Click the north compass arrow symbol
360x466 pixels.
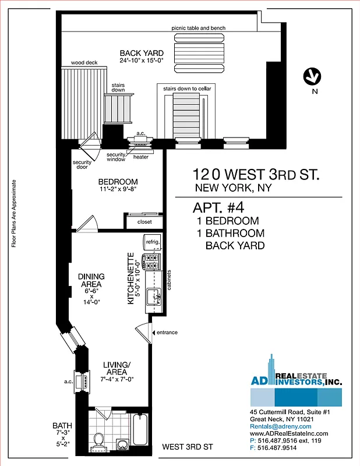[313, 76]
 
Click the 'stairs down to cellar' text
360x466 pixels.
[186, 88]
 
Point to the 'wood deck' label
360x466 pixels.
[83, 62]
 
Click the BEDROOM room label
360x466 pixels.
[118, 181]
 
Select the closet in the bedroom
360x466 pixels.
[144, 222]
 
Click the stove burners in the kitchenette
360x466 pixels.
[153, 262]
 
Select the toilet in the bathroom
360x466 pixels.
[99, 438]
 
